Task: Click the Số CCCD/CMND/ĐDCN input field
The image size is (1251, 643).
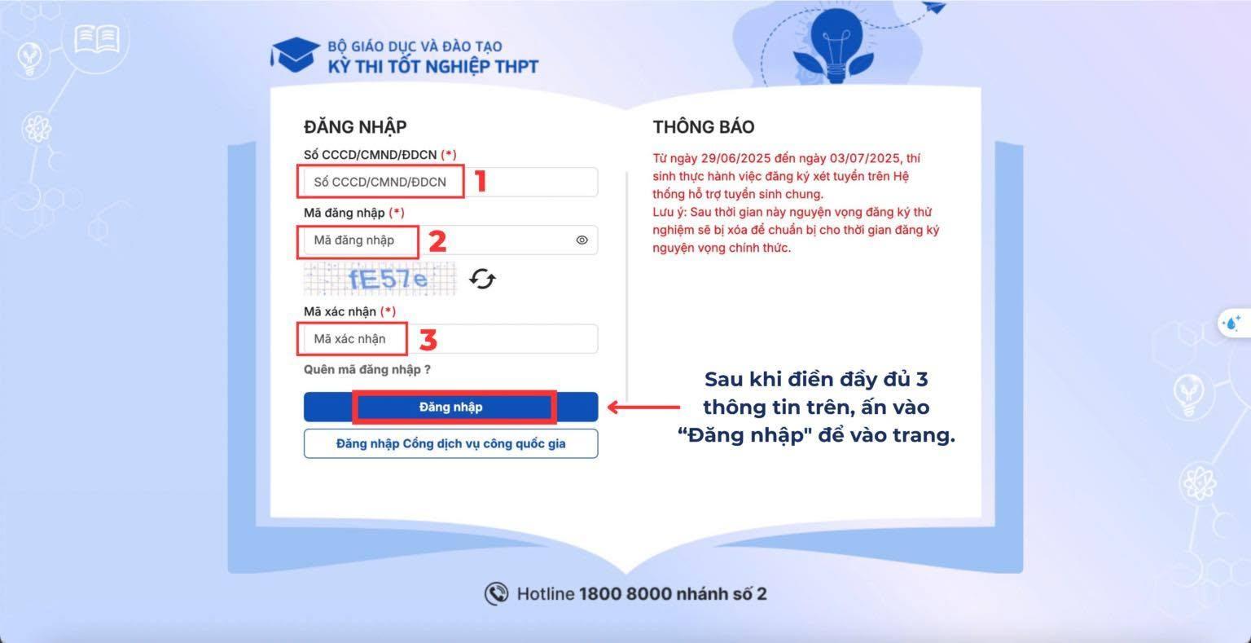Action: click(x=450, y=182)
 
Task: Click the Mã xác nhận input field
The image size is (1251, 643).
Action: click(x=450, y=338)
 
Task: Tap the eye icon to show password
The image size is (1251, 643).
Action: click(x=582, y=240)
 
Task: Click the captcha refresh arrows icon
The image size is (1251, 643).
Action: click(x=482, y=279)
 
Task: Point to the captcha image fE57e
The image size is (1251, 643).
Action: click(x=380, y=279)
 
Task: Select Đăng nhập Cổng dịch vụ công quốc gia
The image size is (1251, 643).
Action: click(x=450, y=443)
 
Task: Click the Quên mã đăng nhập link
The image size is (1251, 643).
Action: click(x=367, y=370)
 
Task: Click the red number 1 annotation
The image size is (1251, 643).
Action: click(x=481, y=181)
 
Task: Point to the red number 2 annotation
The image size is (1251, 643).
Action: click(x=437, y=240)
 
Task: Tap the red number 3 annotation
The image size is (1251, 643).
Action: click(x=428, y=340)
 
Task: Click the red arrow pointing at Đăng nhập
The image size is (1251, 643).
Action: click(x=643, y=407)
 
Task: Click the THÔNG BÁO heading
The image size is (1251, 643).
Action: click(x=704, y=127)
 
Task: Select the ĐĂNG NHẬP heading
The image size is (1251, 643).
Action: click(x=355, y=127)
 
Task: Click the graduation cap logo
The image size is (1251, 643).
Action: click(x=295, y=55)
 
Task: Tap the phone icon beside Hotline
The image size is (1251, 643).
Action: click(x=496, y=593)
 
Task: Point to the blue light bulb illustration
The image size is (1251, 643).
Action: click(x=836, y=46)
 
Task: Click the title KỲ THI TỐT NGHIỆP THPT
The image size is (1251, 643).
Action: click(x=432, y=67)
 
